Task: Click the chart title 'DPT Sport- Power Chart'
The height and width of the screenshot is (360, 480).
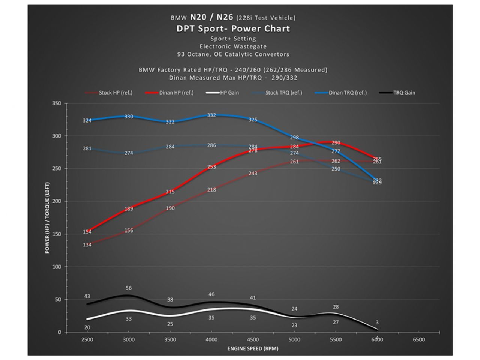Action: pos(233,28)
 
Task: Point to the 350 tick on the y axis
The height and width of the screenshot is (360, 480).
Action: pos(57,103)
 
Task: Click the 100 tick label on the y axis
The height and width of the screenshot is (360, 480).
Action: pos(57,267)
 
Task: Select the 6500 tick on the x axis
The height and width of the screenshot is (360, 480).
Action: pos(418,339)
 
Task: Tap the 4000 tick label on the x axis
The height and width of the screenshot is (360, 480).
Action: pos(211,339)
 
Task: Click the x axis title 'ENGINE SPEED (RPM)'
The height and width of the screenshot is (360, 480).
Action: pos(253,348)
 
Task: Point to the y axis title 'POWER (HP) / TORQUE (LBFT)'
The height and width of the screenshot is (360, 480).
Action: pos(47,217)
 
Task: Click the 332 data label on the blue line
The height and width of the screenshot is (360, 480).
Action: pos(211,115)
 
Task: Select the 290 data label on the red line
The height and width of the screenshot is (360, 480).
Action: pos(336,143)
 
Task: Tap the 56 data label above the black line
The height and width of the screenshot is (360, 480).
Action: pos(129,288)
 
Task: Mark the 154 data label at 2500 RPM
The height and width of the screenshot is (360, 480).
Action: pos(87,232)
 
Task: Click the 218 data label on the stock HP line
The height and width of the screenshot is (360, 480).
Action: pos(211,190)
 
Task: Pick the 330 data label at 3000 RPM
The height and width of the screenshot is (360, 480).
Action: pos(129,117)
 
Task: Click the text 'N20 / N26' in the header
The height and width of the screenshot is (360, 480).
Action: pos(211,17)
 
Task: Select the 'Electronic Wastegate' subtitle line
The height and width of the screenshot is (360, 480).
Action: pos(233,46)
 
